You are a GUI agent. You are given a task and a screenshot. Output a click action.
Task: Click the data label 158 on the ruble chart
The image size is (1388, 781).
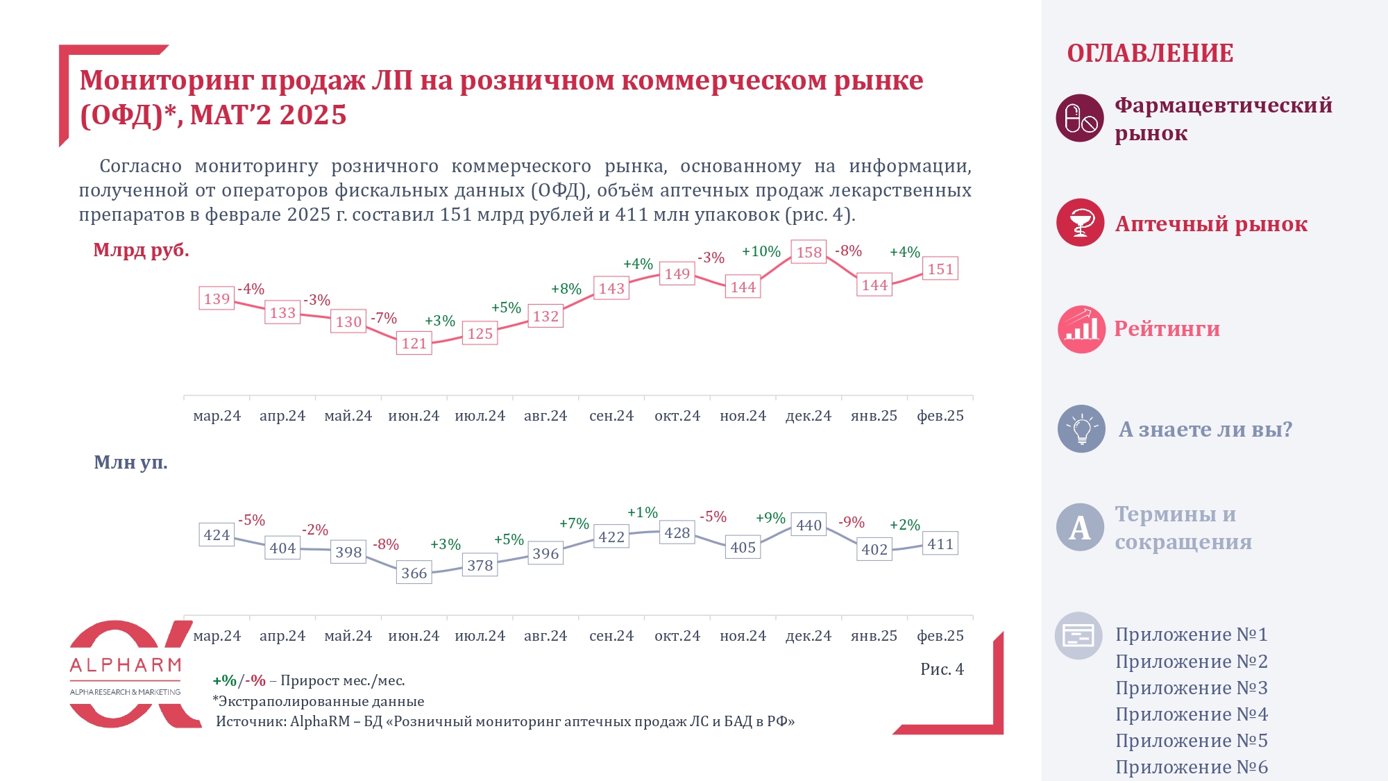(x=809, y=253)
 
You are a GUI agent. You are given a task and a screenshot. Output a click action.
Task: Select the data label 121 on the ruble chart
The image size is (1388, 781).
(x=414, y=343)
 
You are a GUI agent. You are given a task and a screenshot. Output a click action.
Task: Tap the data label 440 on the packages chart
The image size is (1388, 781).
(x=809, y=526)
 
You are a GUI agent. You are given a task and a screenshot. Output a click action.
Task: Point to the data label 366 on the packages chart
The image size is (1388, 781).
(x=414, y=573)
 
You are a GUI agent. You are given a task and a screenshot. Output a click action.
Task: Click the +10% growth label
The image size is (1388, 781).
(x=761, y=251)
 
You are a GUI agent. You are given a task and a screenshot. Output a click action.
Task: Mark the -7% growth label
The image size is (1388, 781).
(x=384, y=319)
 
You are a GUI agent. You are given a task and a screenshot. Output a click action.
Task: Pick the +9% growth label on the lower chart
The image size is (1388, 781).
(x=770, y=518)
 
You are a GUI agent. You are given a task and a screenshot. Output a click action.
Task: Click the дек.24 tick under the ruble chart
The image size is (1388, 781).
(x=809, y=416)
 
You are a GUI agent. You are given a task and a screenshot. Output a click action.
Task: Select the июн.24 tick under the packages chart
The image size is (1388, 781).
(x=414, y=636)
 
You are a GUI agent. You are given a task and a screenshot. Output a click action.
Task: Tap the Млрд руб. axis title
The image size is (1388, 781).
(x=141, y=250)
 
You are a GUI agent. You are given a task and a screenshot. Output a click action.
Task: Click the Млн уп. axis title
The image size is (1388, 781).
(x=130, y=462)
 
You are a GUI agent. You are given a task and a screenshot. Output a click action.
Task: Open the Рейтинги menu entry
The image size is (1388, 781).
(x=1167, y=329)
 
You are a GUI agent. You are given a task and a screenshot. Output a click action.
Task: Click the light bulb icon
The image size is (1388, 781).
(x=1081, y=429)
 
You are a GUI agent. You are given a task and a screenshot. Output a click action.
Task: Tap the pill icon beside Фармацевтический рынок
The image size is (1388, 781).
(x=1080, y=118)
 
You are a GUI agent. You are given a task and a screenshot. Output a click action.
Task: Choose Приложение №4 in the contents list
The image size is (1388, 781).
(x=1192, y=714)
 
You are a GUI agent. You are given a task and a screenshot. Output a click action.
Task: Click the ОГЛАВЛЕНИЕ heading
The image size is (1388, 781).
(x=1150, y=53)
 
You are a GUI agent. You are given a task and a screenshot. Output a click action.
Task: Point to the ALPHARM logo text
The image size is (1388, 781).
(x=126, y=666)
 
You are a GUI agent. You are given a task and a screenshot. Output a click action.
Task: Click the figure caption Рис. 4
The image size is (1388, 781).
(x=942, y=669)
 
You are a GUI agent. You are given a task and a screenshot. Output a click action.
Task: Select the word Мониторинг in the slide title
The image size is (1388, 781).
(x=164, y=81)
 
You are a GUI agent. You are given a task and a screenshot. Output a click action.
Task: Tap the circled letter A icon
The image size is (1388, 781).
(x=1080, y=528)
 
